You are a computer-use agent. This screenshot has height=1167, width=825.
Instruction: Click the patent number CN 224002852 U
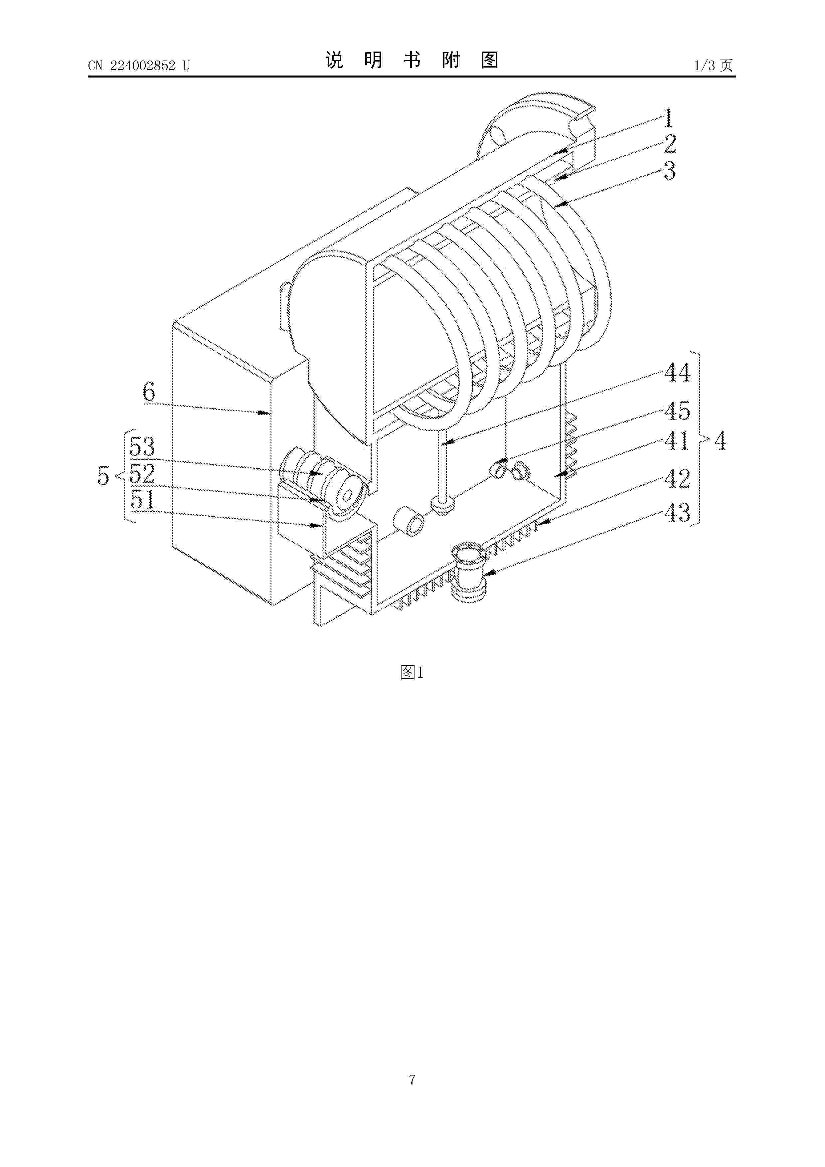[x=139, y=66]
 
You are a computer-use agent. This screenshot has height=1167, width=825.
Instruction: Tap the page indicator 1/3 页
[x=714, y=66]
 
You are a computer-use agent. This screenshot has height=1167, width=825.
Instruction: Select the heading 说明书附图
[x=412, y=61]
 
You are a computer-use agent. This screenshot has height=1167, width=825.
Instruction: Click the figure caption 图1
[x=412, y=672]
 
